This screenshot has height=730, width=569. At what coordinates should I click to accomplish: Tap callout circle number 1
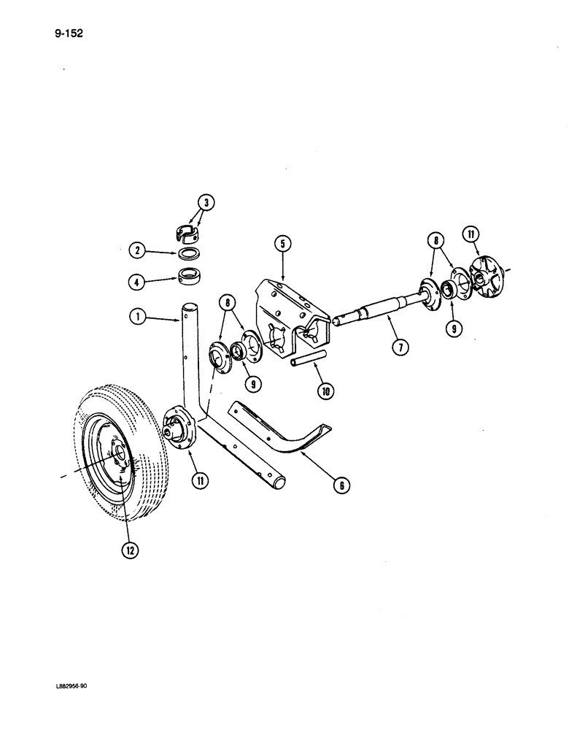tap(135, 318)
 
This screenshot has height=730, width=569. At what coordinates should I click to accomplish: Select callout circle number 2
tap(135, 251)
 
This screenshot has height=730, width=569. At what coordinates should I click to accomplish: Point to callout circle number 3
tap(207, 204)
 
